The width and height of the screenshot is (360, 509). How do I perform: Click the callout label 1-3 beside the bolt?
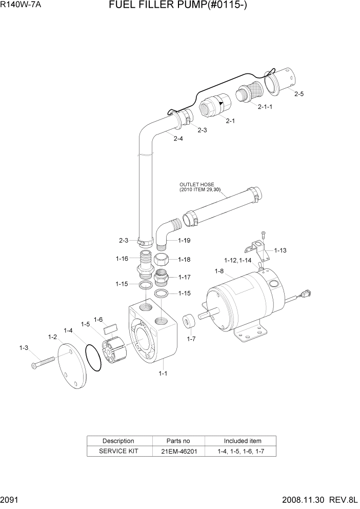[24, 348]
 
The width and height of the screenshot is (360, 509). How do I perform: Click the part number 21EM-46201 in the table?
[178, 452]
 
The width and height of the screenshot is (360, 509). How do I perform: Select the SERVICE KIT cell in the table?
[118, 452]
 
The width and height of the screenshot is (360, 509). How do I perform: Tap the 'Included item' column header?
[242, 441]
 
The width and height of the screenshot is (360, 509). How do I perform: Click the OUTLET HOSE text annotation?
[197, 185]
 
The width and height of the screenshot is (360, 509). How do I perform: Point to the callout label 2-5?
[299, 94]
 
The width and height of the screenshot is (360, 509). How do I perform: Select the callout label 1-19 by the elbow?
[184, 240]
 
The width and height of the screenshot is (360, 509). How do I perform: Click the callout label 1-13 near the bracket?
[280, 250]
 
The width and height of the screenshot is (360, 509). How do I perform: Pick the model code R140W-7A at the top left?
[21, 6]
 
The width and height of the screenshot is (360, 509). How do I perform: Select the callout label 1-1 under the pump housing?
[163, 374]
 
